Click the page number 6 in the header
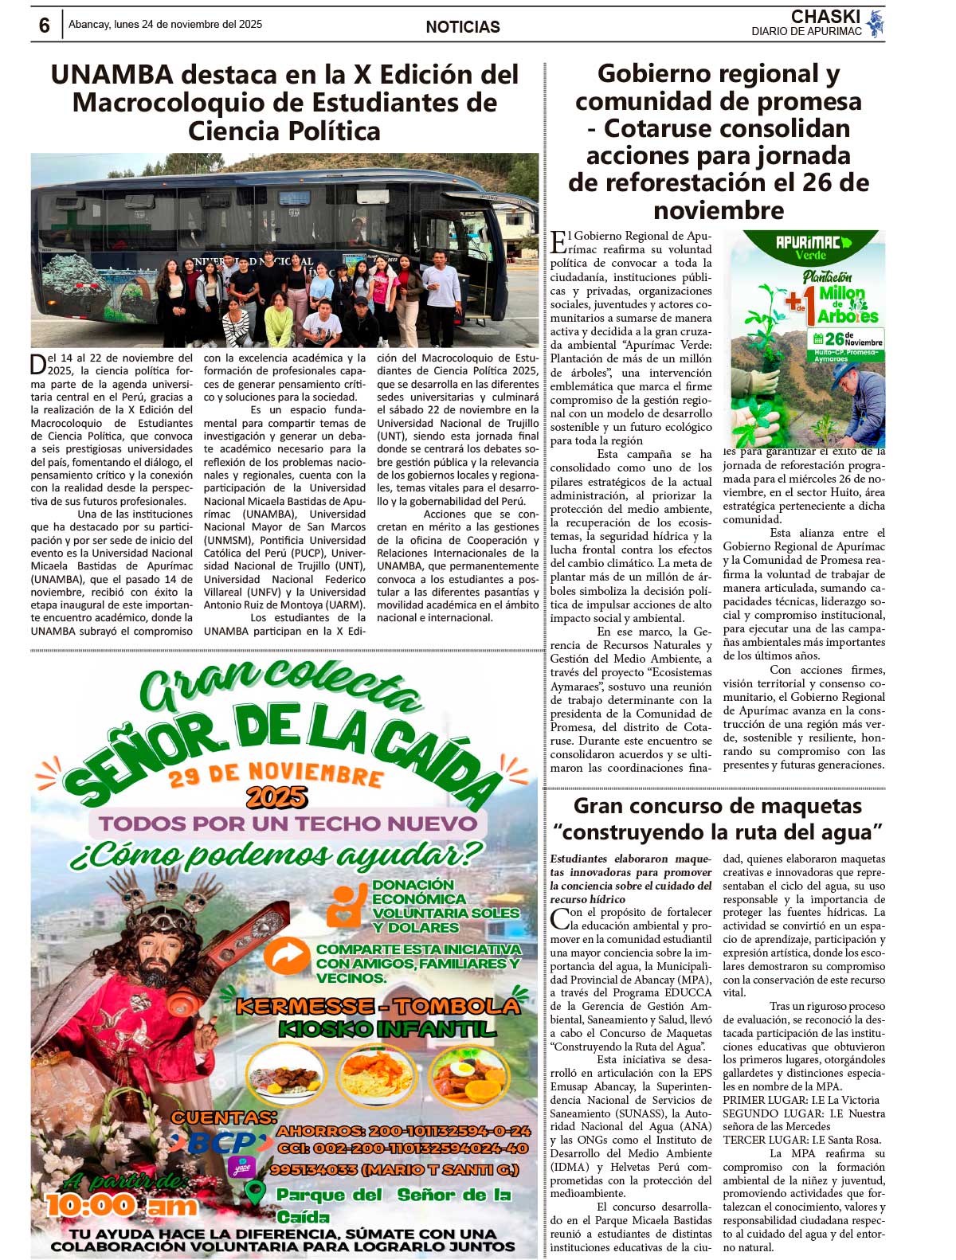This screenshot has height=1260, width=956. (45, 25)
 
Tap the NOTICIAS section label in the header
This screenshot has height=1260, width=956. (463, 27)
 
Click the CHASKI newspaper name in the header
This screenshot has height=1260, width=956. (825, 17)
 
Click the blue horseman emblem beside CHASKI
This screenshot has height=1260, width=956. (876, 23)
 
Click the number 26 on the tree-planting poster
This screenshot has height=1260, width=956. (833, 338)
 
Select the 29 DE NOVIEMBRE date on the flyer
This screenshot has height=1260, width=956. (276, 773)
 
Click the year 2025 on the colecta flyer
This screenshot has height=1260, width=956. (276, 796)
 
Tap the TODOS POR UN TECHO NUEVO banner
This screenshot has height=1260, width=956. (288, 824)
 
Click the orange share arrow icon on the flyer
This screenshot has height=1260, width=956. (286, 956)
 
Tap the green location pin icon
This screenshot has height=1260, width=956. (254, 1193)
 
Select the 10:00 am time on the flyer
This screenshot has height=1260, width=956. (121, 1205)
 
